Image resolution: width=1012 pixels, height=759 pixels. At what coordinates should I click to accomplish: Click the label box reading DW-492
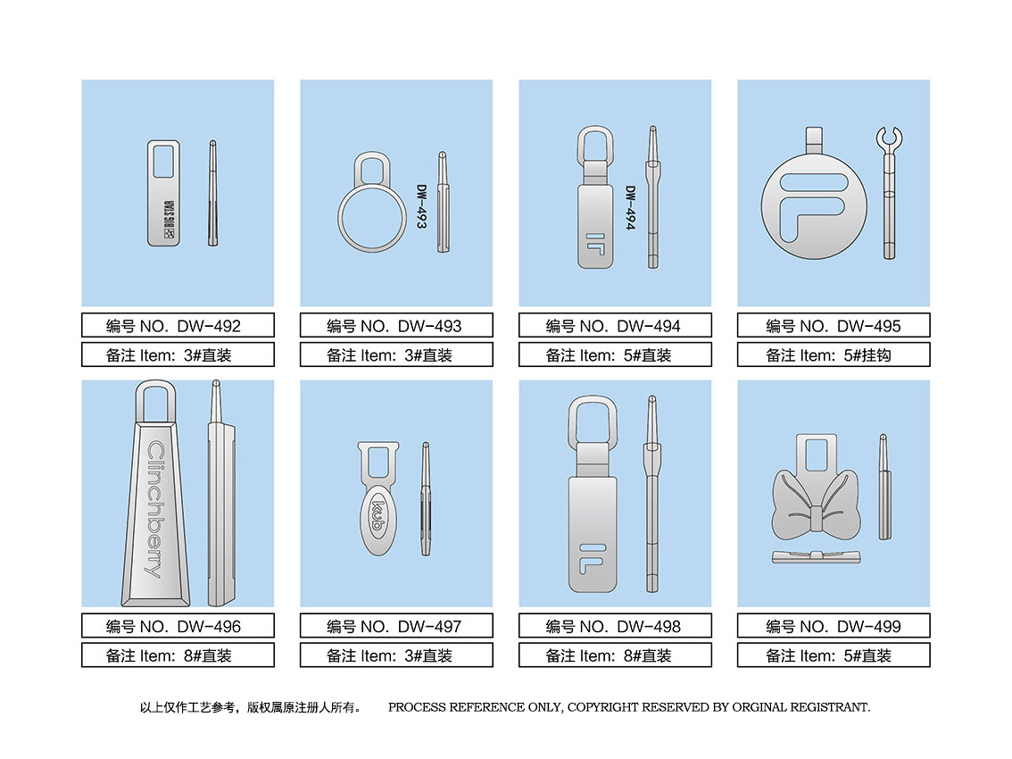(178, 325)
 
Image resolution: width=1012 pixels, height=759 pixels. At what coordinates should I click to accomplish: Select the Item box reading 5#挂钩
(834, 354)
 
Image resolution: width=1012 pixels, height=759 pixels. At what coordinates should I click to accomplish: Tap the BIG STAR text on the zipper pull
(169, 220)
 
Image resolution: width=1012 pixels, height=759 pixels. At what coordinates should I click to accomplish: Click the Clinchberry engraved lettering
(155, 509)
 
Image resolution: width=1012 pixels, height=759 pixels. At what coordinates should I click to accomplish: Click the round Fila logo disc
(814, 205)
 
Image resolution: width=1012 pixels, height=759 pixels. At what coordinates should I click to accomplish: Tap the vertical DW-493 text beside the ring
(421, 206)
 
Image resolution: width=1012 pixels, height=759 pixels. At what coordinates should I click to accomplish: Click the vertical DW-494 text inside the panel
(631, 208)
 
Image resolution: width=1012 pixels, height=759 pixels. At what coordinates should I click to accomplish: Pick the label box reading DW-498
(615, 626)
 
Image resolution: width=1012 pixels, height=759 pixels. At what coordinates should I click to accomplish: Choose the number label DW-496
(178, 626)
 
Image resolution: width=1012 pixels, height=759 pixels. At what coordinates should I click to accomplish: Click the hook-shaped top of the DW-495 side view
(889, 138)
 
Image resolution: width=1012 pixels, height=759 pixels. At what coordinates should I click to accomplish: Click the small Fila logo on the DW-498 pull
(593, 559)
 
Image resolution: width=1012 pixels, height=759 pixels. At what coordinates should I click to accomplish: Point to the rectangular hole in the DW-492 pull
(163, 162)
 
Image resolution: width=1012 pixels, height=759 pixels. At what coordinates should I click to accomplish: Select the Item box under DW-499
(834, 655)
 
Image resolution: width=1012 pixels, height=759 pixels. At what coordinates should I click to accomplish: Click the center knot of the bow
(816, 520)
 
